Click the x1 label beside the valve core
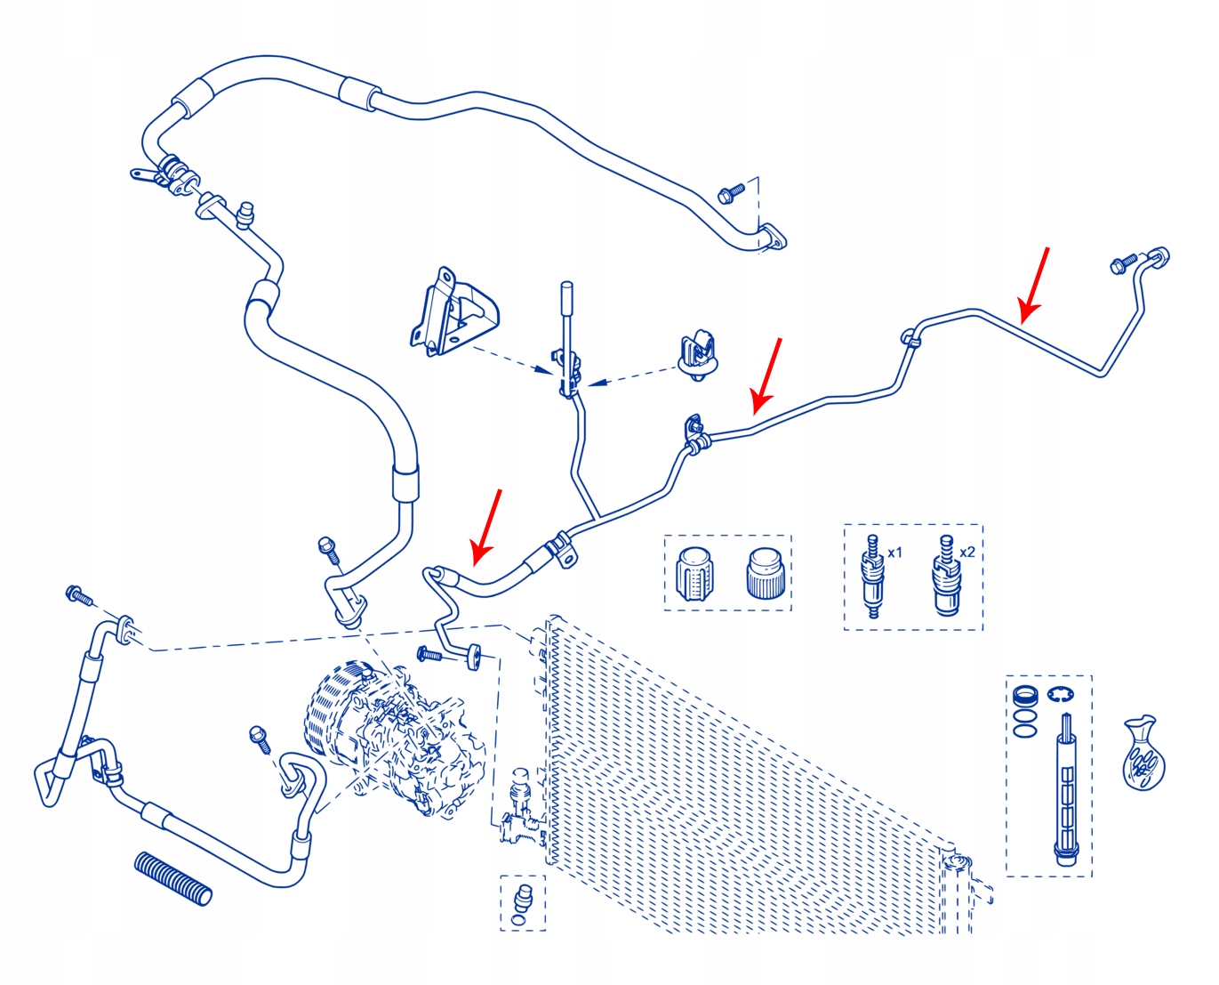[894, 553]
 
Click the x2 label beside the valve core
[967, 552]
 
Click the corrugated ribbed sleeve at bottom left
[173, 878]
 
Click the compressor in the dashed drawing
[391, 734]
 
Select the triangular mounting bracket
[452, 311]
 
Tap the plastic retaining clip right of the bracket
[700, 354]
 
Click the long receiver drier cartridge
[1065, 792]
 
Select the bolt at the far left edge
[78, 595]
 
